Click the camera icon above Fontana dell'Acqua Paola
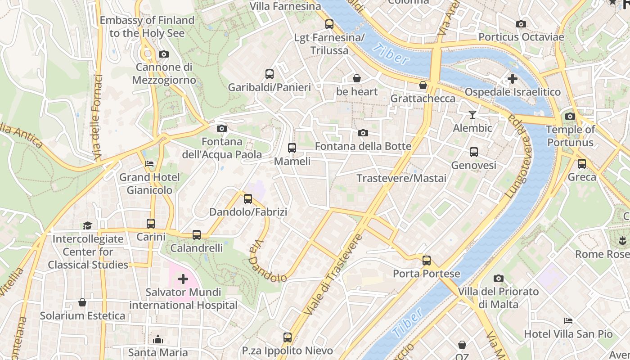221,129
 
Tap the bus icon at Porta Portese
426,261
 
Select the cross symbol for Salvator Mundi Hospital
183,279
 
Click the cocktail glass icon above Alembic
472,115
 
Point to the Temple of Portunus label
570,136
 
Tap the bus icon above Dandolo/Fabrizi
247,199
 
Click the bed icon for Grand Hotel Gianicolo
149,164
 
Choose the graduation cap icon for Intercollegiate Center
87,225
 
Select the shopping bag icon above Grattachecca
423,85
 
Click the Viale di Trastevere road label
333,274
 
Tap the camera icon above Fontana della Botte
363,133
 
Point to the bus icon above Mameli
292,148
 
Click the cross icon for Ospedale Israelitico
512,79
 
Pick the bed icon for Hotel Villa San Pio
568,321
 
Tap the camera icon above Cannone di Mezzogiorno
164,54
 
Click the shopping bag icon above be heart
356,78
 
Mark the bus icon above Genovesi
473,152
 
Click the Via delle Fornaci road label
98,118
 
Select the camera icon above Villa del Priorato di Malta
498,279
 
